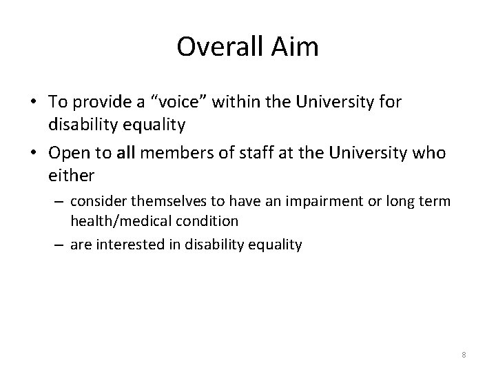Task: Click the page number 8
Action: click(464, 355)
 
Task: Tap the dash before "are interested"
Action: click(60, 245)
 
